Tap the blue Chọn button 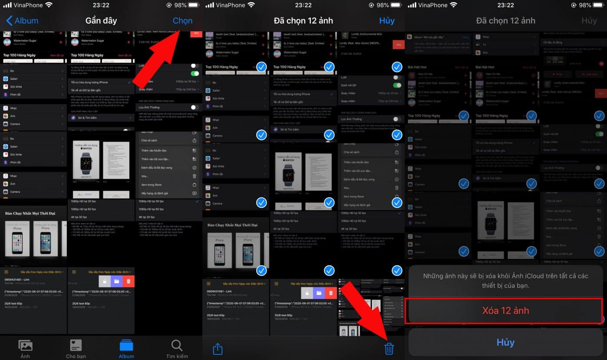coord(183,20)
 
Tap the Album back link coord(22,20)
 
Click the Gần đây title coord(101,20)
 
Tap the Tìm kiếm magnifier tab coord(177,349)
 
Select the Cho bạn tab coord(76,349)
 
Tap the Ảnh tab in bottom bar coord(26,349)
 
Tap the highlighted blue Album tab coord(127,349)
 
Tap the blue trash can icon coord(389,348)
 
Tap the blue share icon coord(218,349)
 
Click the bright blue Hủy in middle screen coord(387,20)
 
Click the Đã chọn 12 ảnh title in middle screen coord(303,20)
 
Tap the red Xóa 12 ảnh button coord(506,311)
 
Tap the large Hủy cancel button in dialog coord(506,342)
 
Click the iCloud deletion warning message coord(506,281)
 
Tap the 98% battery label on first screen coord(178,5)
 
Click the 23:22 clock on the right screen coord(506,5)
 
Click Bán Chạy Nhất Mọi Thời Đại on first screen coord(30,213)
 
